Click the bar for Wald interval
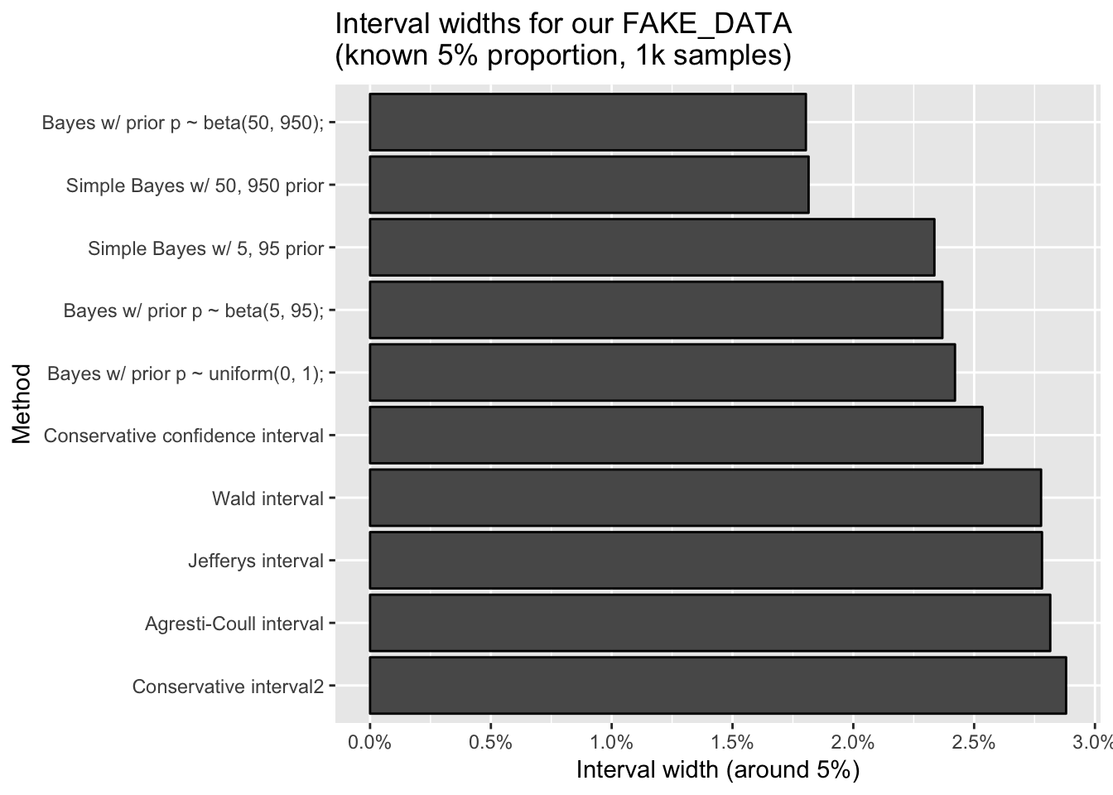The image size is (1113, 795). click(705, 498)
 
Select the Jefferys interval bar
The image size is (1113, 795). click(705, 561)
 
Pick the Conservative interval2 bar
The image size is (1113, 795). click(717, 686)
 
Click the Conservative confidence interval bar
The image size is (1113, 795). click(675, 435)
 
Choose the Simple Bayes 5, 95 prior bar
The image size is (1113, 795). click(651, 248)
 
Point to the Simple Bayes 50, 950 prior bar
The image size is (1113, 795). click(588, 185)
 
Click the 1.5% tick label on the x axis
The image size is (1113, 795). click(732, 742)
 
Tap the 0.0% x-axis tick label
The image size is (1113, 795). click(369, 742)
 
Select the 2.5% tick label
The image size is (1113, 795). click(974, 742)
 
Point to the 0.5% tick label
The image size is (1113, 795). click(490, 742)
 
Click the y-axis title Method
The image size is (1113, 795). click(22, 403)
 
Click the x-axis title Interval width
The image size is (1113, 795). click(717, 770)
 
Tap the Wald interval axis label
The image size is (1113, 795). click(267, 499)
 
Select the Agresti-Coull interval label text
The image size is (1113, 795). click(234, 624)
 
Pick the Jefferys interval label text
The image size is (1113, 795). click(255, 561)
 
